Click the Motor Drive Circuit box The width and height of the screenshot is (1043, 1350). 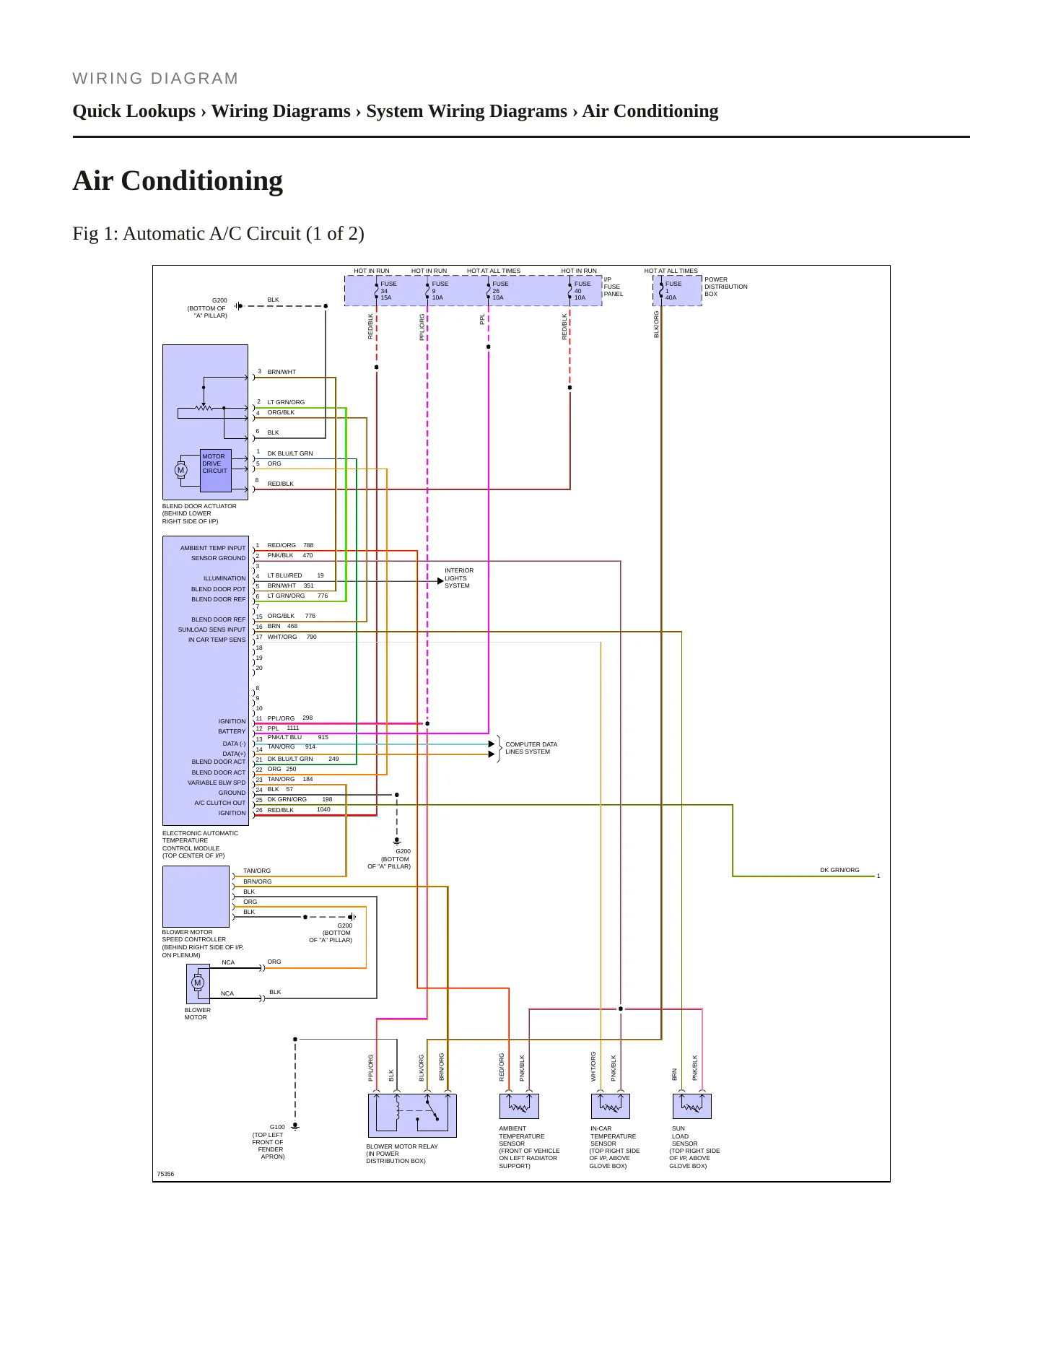[x=216, y=471]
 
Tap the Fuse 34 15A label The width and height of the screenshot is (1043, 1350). [x=388, y=291]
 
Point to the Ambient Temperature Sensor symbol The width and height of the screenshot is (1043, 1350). [x=519, y=1106]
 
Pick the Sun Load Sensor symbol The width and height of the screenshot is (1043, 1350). [x=692, y=1106]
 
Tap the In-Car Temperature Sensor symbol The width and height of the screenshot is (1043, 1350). [x=611, y=1106]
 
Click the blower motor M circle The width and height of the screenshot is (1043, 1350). [x=198, y=983]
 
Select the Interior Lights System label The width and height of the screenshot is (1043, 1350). [x=459, y=578]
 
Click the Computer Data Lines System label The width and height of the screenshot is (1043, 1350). [x=531, y=748]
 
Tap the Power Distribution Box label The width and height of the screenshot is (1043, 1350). [x=726, y=287]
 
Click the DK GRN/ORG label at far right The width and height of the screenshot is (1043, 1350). [x=839, y=870]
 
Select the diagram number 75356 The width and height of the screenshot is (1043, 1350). [x=165, y=1174]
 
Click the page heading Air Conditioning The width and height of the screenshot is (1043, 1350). [x=178, y=180]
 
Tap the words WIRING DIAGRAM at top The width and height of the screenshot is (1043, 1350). [x=155, y=79]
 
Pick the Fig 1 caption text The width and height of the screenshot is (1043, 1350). [x=218, y=234]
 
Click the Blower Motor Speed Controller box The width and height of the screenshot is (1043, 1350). [x=196, y=897]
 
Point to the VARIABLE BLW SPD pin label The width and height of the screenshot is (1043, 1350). [x=217, y=783]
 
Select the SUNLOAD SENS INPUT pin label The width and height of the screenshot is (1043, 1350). [x=211, y=630]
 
